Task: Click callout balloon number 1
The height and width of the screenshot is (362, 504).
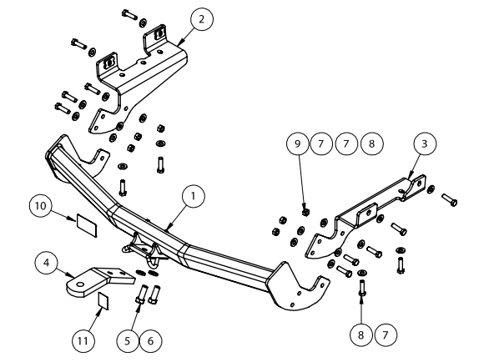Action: pos(193,196)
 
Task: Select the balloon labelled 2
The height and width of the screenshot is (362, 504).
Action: pos(201,18)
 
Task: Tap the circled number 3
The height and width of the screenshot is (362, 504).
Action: pos(425,145)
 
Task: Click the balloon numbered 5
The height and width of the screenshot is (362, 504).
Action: pos(128,339)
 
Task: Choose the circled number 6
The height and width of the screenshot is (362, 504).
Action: pos(150,339)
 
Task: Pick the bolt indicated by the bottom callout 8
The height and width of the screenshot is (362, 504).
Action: pos(361,293)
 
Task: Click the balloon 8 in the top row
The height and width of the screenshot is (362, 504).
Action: pos(371,143)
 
